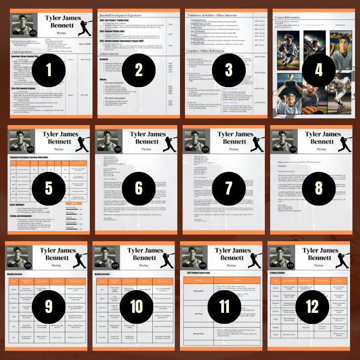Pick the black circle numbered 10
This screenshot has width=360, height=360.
136,306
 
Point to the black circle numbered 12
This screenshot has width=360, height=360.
312,306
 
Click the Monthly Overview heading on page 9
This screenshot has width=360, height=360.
16,274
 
